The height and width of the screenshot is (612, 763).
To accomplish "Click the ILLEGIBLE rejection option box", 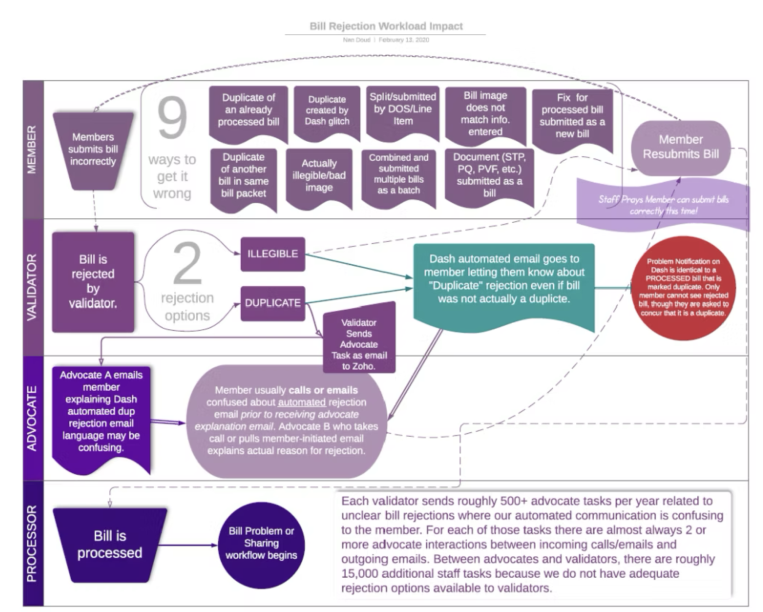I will click(272, 254).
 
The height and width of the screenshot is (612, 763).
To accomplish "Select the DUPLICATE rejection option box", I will click(272, 303).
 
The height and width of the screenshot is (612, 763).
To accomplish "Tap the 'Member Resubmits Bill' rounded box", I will click(681, 148).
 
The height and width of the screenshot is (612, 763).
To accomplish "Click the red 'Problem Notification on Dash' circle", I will click(683, 288).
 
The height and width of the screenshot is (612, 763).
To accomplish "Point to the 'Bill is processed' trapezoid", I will click(110, 544).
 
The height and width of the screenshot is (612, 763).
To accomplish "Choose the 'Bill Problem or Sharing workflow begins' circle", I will click(261, 543).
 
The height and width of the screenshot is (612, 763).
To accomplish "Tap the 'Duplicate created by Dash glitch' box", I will click(327, 111).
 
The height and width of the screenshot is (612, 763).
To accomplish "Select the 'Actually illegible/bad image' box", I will click(319, 176).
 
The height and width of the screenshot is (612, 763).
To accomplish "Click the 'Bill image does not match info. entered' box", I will click(485, 114).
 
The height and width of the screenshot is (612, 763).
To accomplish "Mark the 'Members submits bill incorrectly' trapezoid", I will click(93, 150).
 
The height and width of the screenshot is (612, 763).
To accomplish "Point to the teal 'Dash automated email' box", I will click(504, 279).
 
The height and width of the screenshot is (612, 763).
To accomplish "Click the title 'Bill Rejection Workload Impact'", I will click(386, 26).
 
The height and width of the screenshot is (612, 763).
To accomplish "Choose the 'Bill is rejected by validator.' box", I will click(93, 282).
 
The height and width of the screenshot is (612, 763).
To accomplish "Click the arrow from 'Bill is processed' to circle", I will click(188, 545).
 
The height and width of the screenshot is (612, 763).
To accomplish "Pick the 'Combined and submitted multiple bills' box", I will click(398, 175).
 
